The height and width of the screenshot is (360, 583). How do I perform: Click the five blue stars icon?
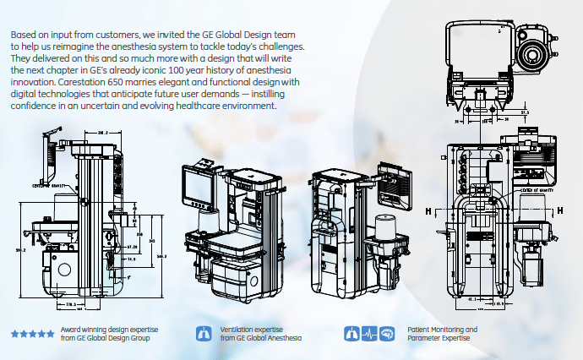point(33,334)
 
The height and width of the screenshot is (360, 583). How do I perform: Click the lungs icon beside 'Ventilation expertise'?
point(203,333)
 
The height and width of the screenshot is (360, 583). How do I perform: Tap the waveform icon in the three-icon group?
point(369,333)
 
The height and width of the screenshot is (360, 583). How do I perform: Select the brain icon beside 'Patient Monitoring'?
point(387,333)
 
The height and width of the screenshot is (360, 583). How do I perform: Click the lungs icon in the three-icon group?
point(351,333)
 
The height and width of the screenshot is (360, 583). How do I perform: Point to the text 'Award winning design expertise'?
point(109,329)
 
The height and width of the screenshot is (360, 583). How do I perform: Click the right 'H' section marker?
point(559,210)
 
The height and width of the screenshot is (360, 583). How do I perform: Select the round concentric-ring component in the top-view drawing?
point(532,57)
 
